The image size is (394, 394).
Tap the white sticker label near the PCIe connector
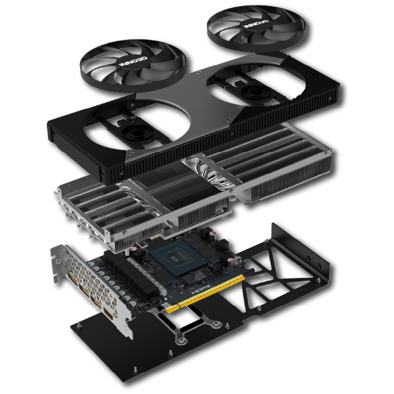pyautogui.click(x=168, y=306)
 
